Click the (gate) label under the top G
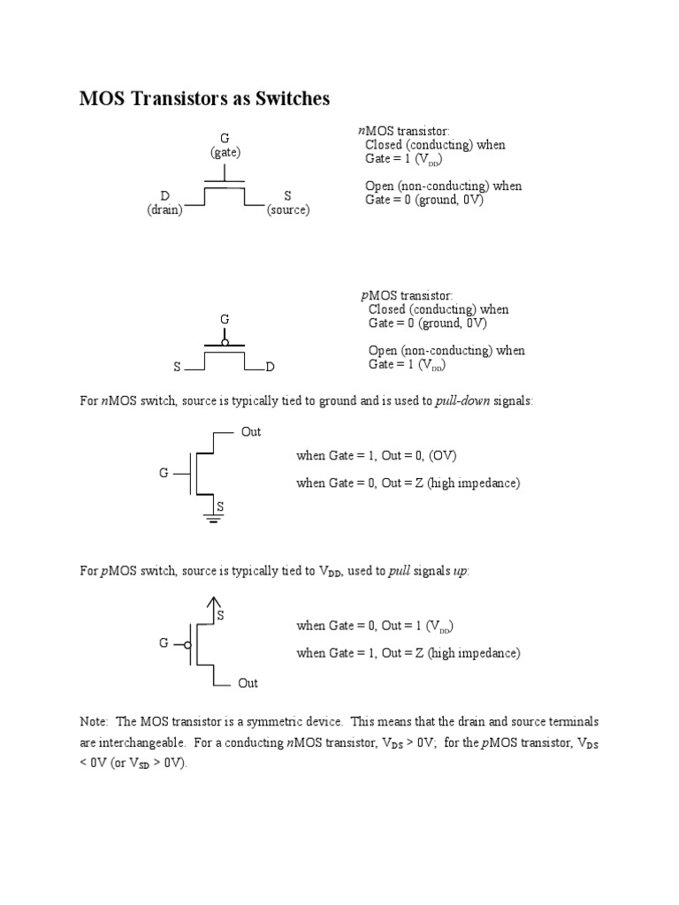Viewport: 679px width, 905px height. click(225, 152)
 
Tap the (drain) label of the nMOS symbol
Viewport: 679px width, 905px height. click(164, 210)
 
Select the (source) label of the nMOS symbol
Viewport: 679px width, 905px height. click(288, 210)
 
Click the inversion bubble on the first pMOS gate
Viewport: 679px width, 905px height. click(225, 342)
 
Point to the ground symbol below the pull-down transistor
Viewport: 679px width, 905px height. click(212, 518)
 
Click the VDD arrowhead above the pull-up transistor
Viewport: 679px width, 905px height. click(212, 603)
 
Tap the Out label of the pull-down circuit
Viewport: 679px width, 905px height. click(251, 432)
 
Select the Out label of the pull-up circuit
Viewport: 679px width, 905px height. click(248, 683)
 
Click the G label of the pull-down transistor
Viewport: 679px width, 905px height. click(164, 473)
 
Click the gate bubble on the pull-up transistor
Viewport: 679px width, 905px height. click(189, 643)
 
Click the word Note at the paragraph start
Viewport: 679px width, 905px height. click(94, 722)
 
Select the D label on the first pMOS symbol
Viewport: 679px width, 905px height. click(271, 366)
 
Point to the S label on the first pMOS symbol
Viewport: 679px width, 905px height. click(177, 366)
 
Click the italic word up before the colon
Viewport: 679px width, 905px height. click(461, 571)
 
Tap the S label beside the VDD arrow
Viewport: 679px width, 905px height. click(221, 614)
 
